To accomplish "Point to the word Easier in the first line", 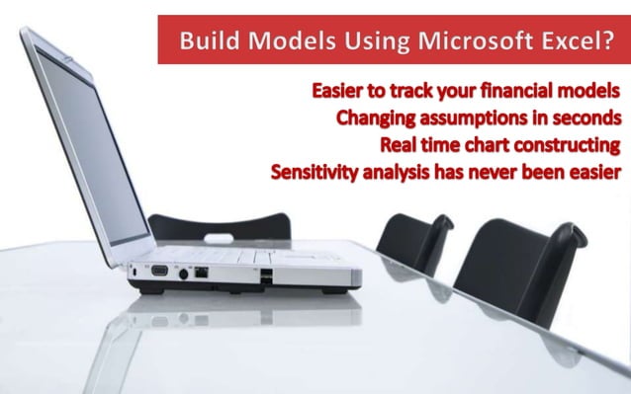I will (x=342, y=91).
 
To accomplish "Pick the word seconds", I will (x=586, y=118).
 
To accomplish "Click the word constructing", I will (x=567, y=145).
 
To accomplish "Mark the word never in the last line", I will (x=518, y=173).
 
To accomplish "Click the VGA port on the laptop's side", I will (x=159, y=268).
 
